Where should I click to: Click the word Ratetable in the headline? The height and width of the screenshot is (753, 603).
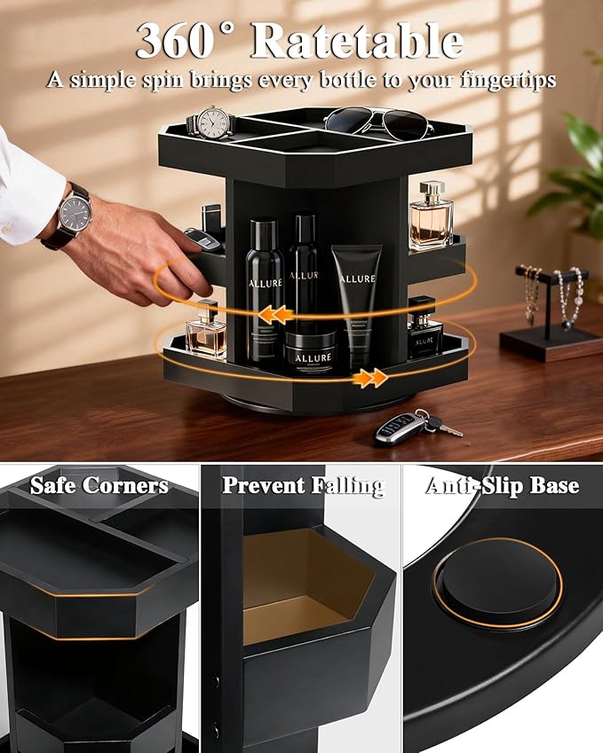pos(358,41)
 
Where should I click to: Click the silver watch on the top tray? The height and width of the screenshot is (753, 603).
pos(211,122)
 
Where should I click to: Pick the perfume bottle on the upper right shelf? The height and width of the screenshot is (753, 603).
pos(431,216)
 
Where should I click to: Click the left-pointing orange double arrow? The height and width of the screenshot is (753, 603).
pos(275,315)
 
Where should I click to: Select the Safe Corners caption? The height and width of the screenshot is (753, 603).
pos(99,485)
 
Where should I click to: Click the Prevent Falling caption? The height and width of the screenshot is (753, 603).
pos(303,486)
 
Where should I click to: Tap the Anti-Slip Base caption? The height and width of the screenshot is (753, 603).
pos(503,486)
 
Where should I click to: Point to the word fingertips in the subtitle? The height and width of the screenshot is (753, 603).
pos(508,80)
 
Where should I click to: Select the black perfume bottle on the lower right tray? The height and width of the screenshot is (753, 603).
pos(424,327)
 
